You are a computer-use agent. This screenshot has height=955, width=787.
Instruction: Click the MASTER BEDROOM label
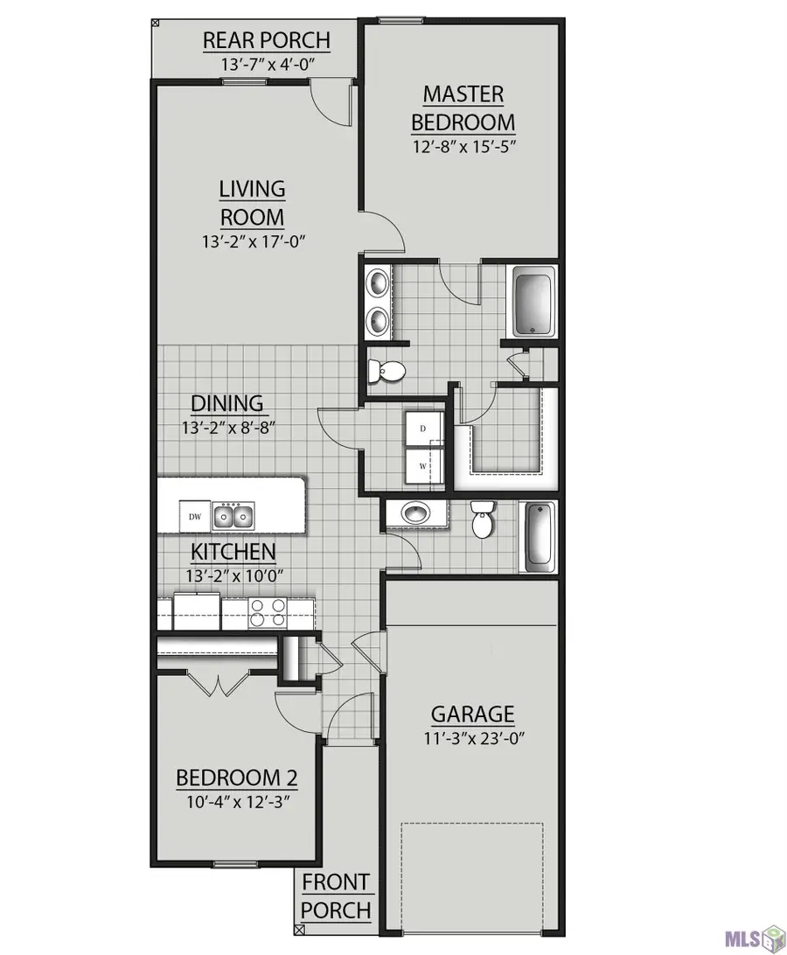point(463,108)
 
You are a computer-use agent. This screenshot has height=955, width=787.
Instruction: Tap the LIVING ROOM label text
point(252,203)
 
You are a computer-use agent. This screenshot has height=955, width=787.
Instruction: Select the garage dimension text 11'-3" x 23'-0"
point(474,739)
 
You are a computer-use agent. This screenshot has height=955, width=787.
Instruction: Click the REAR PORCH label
point(266,40)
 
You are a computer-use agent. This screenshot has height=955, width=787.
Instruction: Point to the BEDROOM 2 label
point(236,777)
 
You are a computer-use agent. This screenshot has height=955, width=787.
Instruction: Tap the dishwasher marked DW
point(195,517)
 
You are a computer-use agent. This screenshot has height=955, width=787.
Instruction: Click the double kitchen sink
point(233,517)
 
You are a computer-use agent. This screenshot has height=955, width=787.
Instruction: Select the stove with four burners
point(268,613)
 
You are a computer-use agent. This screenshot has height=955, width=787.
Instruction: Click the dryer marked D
point(424,429)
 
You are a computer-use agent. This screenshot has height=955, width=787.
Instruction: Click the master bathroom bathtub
point(533,302)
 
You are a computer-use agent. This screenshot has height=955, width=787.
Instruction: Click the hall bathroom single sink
point(416,512)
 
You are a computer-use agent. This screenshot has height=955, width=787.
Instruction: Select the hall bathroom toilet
point(481,519)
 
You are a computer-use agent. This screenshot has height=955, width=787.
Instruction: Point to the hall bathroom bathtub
point(540,536)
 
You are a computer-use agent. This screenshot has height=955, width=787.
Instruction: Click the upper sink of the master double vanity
point(379,284)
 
